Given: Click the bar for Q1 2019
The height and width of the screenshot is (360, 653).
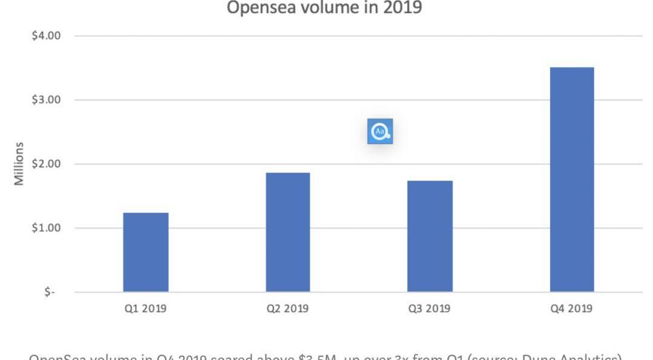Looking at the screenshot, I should click(x=146, y=252).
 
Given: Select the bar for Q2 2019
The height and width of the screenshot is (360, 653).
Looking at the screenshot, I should click(x=288, y=232).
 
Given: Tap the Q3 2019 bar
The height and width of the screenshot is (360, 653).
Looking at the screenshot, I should click(x=430, y=237).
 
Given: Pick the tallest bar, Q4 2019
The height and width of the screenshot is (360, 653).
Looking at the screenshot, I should click(x=572, y=180).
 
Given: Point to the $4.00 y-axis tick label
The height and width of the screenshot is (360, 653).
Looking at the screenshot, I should click(x=47, y=36).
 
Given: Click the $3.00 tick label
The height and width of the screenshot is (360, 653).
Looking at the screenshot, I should click(x=47, y=100).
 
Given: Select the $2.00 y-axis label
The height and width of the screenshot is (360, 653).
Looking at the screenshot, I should click(x=47, y=164).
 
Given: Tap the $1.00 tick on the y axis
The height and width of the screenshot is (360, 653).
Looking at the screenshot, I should click(x=47, y=228).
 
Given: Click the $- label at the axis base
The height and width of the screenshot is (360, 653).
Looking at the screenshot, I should click(x=50, y=292).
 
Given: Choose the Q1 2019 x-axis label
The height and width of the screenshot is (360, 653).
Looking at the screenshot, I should click(x=146, y=309).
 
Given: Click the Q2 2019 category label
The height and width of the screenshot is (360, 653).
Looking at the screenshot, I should click(x=288, y=309).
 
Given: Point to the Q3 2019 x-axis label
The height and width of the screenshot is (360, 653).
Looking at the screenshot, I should click(x=429, y=309).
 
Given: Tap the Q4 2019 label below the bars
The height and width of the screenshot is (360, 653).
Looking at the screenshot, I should click(x=571, y=309).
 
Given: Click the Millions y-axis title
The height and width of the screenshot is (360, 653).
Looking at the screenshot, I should click(x=20, y=164).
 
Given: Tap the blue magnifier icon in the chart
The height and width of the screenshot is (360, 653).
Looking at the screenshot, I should click(x=380, y=131).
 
